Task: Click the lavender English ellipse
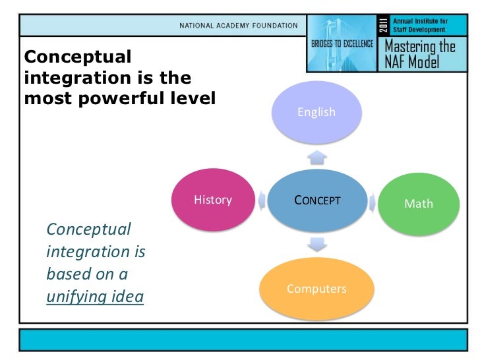pos(316,112)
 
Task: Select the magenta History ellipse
pos(213,200)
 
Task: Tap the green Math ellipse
pos(419,204)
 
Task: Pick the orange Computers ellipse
pos(316,289)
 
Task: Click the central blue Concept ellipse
pos(317,200)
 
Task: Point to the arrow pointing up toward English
pos(317,156)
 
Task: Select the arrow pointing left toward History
pos(263,200)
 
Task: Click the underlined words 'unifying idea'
pos(94,297)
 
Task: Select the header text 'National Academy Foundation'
pos(239,26)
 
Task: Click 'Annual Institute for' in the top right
pos(420,21)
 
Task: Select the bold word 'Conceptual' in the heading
pos(78,57)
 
